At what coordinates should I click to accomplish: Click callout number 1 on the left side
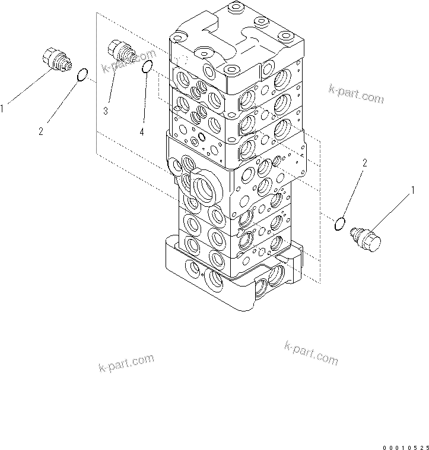click(x=3, y=109)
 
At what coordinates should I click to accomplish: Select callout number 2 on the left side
click(x=41, y=131)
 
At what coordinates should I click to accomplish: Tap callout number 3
click(x=105, y=111)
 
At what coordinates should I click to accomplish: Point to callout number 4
click(x=142, y=131)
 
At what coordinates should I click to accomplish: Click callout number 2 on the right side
click(x=365, y=162)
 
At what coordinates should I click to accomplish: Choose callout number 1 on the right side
click(x=410, y=190)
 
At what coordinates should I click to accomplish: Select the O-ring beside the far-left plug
click(x=83, y=74)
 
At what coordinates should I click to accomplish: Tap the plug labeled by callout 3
click(x=122, y=52)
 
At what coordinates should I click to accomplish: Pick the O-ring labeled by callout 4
click(x=148, y=67)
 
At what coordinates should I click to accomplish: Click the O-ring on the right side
click(x=340, y=224)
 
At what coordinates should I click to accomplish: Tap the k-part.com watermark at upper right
click(x=356, y=94)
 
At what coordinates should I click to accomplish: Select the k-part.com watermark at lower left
click(x=126, y=362)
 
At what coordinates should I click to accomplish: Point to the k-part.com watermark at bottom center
click(x=311, y=353)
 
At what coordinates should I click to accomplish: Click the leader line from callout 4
click(x=145, y=98)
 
